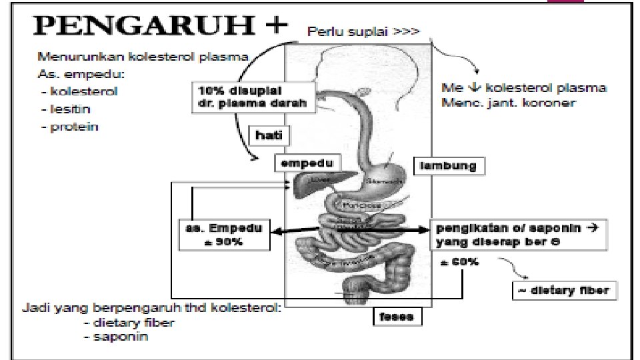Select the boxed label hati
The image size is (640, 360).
pos(269,136)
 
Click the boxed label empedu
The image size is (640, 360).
pos(307,163)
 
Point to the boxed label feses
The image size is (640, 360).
pos(397,316)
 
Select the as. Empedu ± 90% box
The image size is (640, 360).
pos(223,235)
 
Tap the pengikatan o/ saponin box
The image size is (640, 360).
pos(517,234)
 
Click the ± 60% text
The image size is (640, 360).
pos(459,262)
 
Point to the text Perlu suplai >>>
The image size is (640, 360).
pos(363,31)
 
